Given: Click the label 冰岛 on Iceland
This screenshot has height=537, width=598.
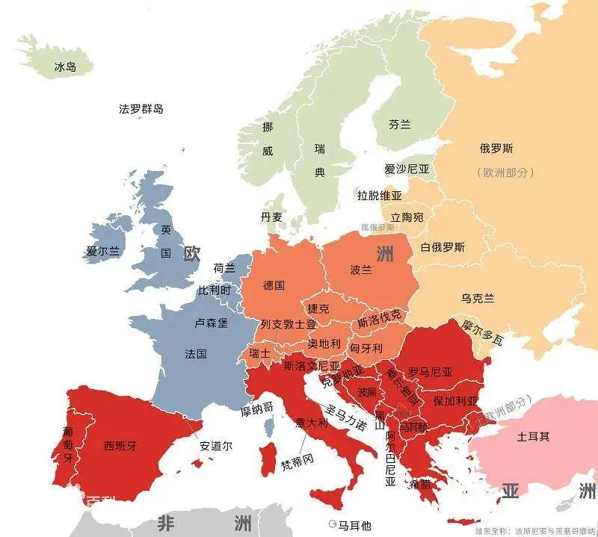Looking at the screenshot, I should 65,67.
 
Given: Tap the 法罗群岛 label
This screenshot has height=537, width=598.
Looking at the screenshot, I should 141,109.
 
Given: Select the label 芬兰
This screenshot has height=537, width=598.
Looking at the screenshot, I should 399,125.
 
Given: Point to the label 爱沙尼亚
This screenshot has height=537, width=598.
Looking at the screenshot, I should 407,170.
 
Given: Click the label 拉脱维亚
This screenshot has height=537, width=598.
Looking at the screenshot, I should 379,196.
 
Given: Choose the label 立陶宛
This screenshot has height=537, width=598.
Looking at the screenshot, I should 407,217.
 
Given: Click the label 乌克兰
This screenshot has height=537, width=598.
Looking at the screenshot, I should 477,298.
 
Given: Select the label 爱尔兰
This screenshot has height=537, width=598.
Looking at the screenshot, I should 102,251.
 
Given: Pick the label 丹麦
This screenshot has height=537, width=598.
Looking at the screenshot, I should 271,217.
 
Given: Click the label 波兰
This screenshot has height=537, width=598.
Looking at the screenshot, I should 360,270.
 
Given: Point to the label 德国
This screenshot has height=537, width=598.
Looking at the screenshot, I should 274,285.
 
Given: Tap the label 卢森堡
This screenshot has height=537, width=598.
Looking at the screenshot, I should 211,323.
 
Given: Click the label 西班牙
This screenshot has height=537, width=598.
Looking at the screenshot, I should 120,446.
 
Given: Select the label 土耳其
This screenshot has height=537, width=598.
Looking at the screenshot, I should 533,436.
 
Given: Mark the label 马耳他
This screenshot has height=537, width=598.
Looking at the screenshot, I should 354,525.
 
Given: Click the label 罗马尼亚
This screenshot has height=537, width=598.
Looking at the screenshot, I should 429,371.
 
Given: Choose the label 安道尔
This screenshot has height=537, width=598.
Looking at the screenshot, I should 216,446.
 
